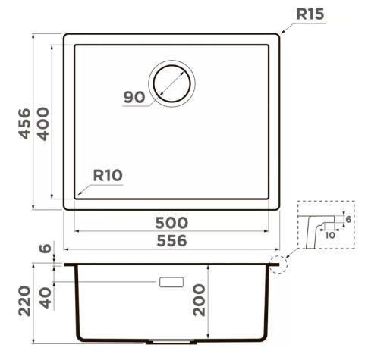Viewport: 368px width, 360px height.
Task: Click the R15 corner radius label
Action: (310, 14)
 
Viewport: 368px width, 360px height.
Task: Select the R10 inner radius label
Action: (108, 175)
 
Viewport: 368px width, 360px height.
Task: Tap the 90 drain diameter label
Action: (134, 97)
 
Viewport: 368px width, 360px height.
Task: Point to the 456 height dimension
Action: (24, 124)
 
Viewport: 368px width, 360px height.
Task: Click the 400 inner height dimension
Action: (43, 124)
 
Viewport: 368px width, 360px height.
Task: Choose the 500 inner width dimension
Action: (171, 223)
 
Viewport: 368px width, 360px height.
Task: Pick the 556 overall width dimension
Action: (171, 241)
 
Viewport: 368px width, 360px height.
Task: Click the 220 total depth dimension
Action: (24, 301)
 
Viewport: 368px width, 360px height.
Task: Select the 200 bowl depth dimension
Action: (199, 300)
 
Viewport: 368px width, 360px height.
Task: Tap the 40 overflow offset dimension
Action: (46, 298)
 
